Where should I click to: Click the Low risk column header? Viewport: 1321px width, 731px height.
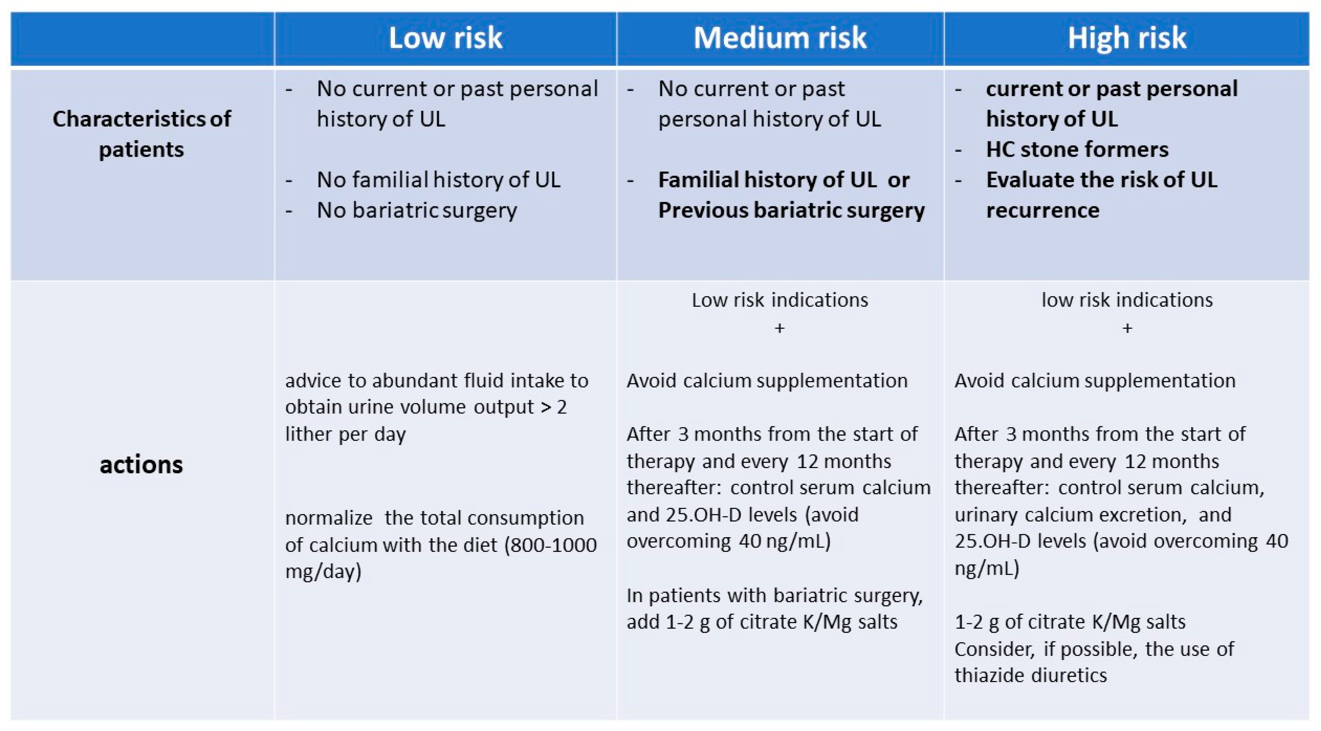pos(445,38)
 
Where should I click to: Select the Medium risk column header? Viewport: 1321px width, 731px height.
pos(780,38)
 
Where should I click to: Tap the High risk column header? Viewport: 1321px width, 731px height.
pos(1126,38)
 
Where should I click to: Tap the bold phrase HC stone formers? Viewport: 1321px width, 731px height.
pos(1077,150)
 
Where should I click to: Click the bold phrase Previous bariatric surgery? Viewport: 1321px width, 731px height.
pos(791,210)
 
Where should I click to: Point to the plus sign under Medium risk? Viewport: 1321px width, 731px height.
pos(780,328)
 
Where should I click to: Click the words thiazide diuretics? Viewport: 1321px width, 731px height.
pos(1030,675)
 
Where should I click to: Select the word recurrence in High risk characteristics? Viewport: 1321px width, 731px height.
pos(1043,210)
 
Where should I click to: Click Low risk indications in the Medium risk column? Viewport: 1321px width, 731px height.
pos(780,300)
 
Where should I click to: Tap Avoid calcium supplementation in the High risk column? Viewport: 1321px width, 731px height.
pos(1095,380)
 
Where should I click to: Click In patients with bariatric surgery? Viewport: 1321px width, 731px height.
pos(774,595)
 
